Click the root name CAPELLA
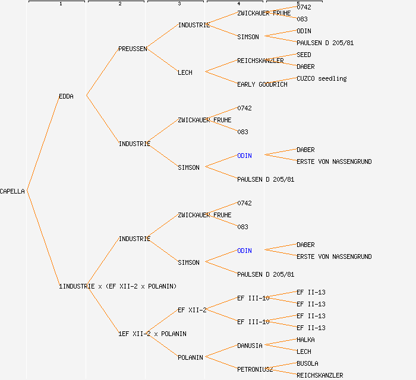click(12, 191)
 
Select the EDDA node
click(66, 96)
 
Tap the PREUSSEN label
click(133, 49)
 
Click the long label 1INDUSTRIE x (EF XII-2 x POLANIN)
click(118, 286)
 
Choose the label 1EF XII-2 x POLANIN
click(152, 334)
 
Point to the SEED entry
click(304, 55)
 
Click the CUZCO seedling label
click(322, 78)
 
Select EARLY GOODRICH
click(262, 84)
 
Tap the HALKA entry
click(305, 340)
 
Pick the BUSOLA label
click(307, 363)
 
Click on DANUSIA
click(250, 346)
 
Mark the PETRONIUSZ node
click(255, 369)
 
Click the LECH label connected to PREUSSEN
click(185, 72)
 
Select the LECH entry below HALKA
click(304, 351)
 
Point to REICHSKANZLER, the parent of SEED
click(260, 61)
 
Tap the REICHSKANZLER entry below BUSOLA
click(320, 375)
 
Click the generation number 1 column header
click(60, 4)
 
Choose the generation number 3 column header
click(179, 4)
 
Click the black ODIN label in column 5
click(304, 31)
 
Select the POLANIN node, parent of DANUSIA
click(190, 357)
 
